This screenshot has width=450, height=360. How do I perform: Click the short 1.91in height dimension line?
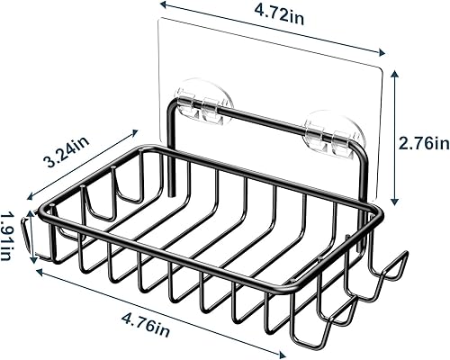coord(28,232)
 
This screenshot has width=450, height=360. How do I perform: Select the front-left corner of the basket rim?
coord(41,217)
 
